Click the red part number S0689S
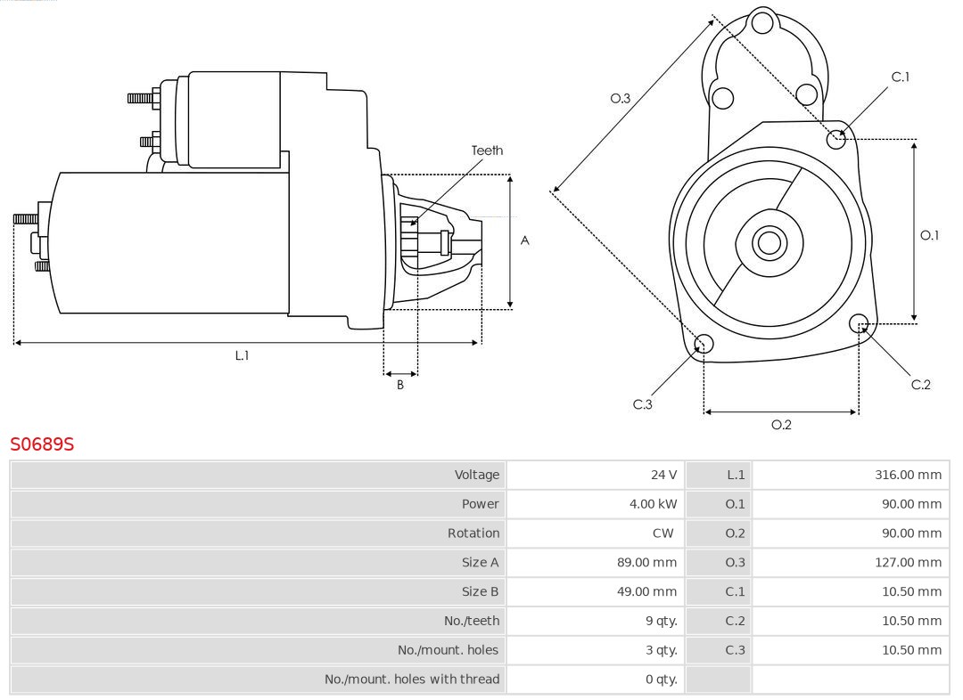[x=42, y=444]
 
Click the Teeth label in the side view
[x=487, y=151]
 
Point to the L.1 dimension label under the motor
[x=242, y=355]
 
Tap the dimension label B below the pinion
[x=400, y=386]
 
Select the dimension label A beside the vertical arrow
[x=524, y=240]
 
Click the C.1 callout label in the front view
[x=901, y=77]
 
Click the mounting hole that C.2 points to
[x=859, y=322]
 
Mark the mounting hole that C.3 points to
[x=704, y=345]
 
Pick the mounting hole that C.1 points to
[x=836, y=139]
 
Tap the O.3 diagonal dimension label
[x=620, y=99]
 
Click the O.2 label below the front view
[x=781, y=425]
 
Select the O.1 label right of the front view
[x=929, y=235]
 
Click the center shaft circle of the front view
[x=768, y=242]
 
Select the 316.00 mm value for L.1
[x=908, y=475]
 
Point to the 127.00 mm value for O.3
[x=908, y=563]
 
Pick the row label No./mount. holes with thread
[x=412, y=680]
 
